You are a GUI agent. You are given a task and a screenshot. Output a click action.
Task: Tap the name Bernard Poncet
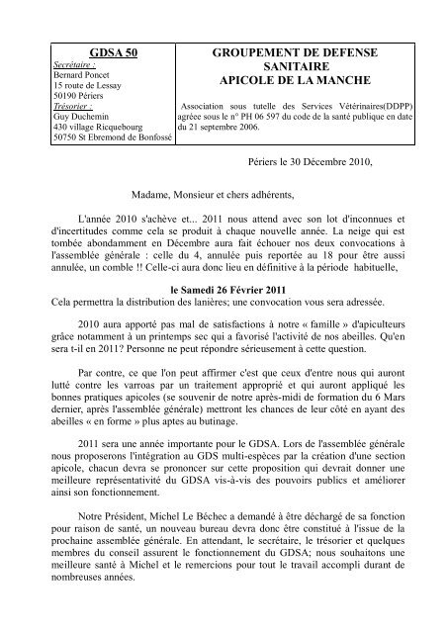(83, 75)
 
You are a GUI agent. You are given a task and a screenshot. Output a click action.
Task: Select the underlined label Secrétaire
(83, 65)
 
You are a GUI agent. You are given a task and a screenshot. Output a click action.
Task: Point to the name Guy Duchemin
(79, 117)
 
